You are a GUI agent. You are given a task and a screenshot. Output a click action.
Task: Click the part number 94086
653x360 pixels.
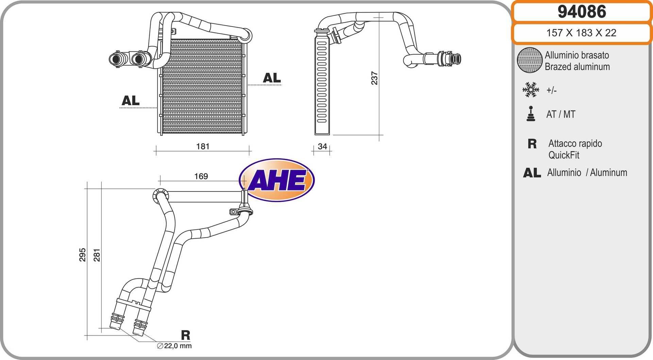click(x=582, y=12)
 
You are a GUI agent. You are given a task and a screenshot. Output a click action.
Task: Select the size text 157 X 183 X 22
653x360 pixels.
click(x=581, y=33)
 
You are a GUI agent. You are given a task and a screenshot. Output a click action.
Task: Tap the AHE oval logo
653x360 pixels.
click(x=277, y=180)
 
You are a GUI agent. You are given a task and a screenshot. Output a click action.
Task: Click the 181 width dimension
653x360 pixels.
click(x=203, y=146)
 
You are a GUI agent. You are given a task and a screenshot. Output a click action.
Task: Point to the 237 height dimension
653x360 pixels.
click(x=374, y=78)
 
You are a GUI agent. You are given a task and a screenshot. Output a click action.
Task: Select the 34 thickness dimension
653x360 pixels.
click(x=322, y=146)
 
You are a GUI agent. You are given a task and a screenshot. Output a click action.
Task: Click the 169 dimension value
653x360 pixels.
click(x=201, y=176)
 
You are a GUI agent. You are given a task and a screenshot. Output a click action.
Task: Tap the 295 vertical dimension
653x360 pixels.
click(x=82, y=255)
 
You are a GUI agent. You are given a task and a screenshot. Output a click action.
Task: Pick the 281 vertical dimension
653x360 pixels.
click(x=97, y=255)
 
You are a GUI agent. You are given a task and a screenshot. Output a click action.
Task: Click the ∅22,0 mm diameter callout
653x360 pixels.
click(x=174, y=346)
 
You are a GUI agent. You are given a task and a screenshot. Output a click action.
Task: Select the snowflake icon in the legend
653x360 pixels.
click(x=531, y=90)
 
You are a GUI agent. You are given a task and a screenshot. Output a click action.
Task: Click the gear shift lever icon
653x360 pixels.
click(x=531, y=114)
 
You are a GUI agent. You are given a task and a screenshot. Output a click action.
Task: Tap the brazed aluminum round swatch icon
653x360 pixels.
click(x=530, y=60)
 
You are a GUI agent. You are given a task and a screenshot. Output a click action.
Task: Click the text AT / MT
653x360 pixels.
click(x=561, y=114)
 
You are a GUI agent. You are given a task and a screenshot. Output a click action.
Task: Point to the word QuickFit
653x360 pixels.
click(x=564, y=155)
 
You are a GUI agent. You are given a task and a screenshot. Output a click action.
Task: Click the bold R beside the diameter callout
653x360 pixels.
click(x=185, y=335)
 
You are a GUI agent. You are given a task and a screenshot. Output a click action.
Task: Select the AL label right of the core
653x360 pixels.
click(x=272, y=78)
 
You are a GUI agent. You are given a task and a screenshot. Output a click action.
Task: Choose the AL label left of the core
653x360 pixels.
click(x=131, y=101)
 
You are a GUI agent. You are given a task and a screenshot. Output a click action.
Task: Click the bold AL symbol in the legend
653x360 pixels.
click(x=532, y=173)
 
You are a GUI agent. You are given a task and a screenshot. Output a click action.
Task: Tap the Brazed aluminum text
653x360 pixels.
click(x=577, y=67)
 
